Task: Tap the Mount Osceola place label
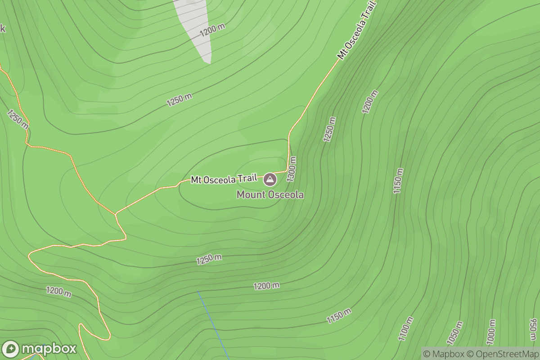pos(270,195)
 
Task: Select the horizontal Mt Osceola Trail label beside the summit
pos(224,180)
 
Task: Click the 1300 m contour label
pos(292,169)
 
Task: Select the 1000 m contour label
pos(491,332)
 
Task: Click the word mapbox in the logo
pos(49,349)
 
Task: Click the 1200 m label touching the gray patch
pos(212,30)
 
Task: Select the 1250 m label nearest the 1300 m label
pos(329,130)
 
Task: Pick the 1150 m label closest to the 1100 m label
pos(339,316)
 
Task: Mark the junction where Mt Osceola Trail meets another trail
pos(116,213)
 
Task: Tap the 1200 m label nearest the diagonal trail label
pos(369,102)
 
